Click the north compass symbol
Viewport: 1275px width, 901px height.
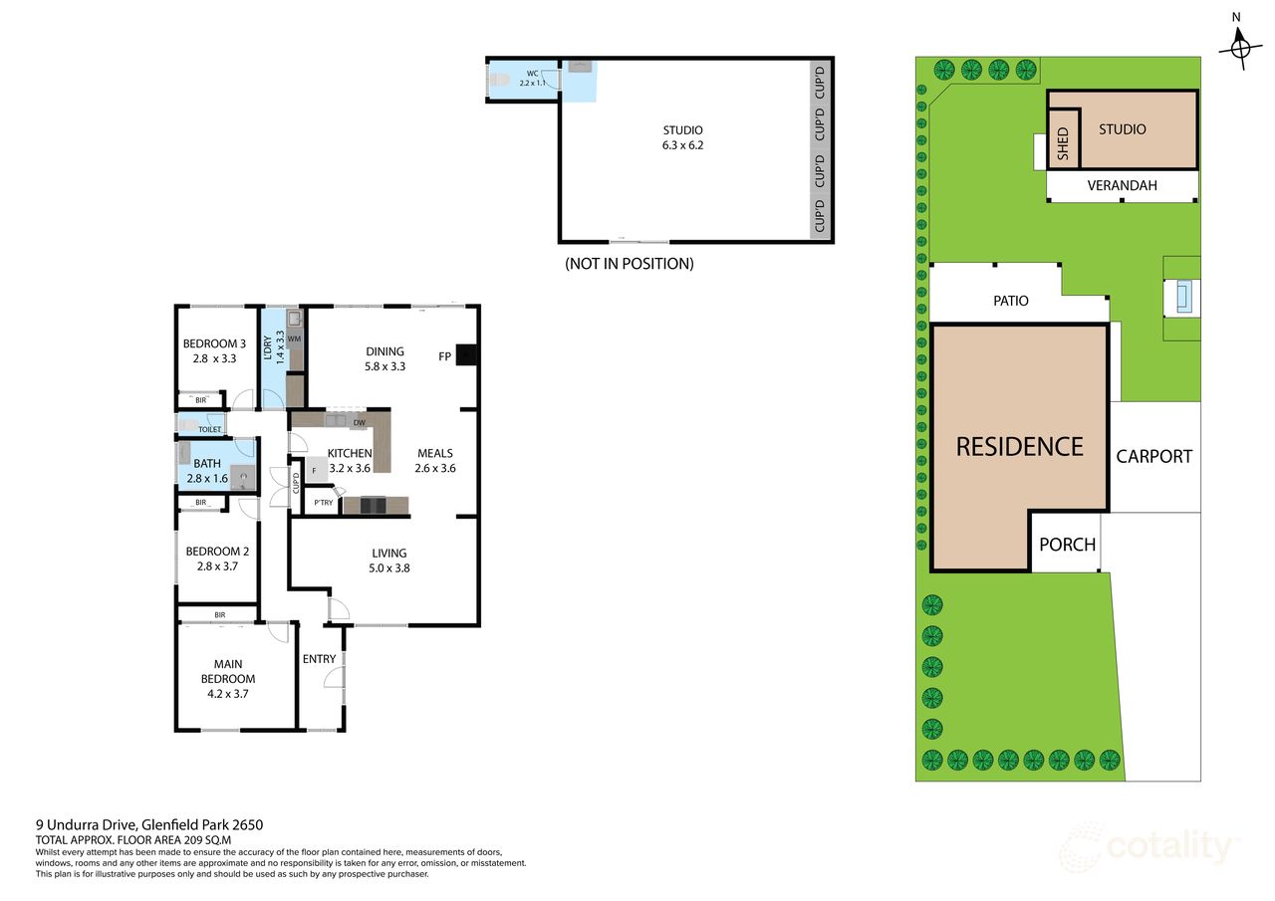(x=1239, y=46)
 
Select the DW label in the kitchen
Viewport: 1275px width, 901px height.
(x=358, y=423)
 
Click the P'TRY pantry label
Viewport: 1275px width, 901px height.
(x=323, y=504)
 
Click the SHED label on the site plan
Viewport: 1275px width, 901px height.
(x=1063, y=144)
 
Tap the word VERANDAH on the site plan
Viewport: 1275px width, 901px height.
(x=1122, y=185)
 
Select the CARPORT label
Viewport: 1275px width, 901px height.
(x=1153, y=456)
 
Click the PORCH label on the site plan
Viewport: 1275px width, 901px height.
(x=1067, y=545)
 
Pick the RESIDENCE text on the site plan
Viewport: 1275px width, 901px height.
(x=1019, y=446)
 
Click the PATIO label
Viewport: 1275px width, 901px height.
(x=1010, y=301)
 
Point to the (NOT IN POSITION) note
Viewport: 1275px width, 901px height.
(x=629, y=264)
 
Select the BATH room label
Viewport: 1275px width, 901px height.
(x=207, y=463)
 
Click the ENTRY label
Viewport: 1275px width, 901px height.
(x=319, y=659)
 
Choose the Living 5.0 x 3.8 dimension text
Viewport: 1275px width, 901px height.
(x=389, y=568)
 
